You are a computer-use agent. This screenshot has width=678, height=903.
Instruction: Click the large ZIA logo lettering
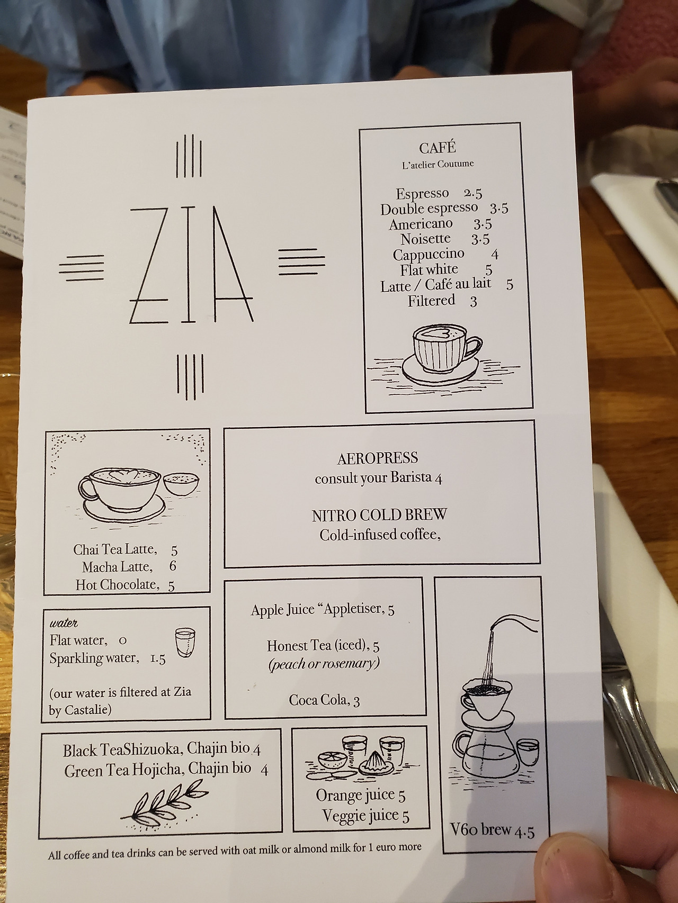[191, 264]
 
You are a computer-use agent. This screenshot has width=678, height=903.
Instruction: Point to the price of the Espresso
[472, 193]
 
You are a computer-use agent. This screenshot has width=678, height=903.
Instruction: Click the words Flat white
[429, 270]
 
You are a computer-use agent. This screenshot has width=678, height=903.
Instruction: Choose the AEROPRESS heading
[378, 458]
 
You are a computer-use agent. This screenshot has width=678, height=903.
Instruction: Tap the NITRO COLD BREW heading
[379, 514]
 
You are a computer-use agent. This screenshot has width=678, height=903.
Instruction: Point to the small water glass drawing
[185, 642]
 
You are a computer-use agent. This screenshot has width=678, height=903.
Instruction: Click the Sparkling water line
[108, 658]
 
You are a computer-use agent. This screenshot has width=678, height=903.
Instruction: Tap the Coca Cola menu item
[324, 700]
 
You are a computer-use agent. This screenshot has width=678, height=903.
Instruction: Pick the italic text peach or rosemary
[324, 663]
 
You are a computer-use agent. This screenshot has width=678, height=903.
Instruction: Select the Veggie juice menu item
[365, 816]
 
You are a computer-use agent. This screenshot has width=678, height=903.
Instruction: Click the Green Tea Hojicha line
[166, 770]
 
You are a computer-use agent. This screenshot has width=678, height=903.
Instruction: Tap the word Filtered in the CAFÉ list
[431, 301]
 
